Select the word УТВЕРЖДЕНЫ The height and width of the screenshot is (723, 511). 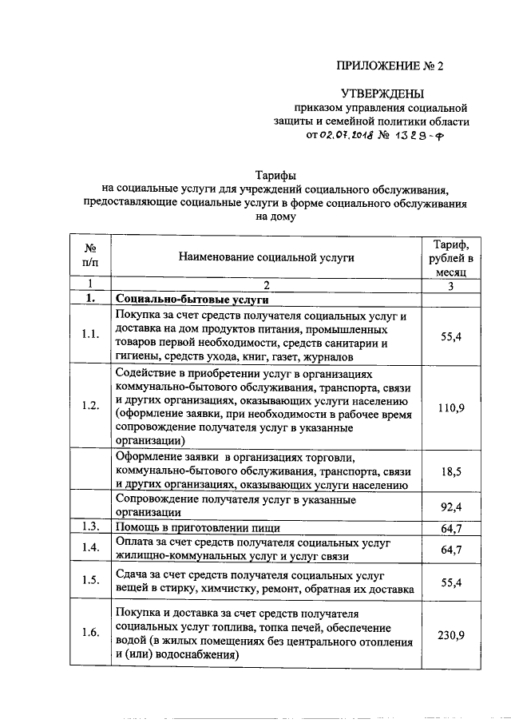383,93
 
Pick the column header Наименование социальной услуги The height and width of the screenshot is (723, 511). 267,257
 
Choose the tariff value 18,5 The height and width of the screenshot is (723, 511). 450,472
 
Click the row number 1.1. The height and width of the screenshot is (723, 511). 90,336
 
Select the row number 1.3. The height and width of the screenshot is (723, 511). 90,527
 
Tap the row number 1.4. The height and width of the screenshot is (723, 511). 90,549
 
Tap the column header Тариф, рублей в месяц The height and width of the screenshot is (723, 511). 450,257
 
